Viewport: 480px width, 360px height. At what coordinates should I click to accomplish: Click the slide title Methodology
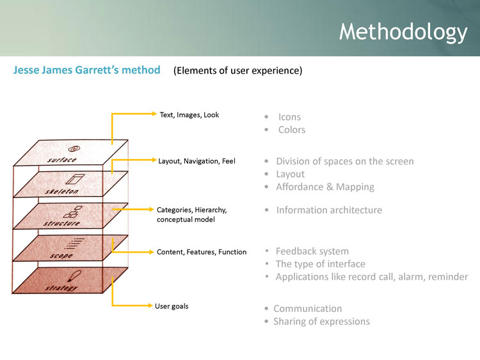coord(403,33)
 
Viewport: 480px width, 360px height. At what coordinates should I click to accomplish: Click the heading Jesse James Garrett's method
coord(86,70)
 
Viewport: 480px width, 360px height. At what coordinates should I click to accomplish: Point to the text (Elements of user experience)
coord(238,70)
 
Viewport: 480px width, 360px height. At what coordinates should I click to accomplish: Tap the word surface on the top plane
coord(62,160)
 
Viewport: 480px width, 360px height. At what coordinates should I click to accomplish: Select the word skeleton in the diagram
coord(62,191)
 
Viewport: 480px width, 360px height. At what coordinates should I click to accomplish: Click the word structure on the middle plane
coord(61,223)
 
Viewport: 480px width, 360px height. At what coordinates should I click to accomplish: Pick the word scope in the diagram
coord(61,255)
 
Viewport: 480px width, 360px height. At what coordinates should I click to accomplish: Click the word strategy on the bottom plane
coord(61,288)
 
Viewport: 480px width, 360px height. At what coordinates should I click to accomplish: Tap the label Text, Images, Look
coord(189,115)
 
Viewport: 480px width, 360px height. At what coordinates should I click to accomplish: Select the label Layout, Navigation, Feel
coord(196,161)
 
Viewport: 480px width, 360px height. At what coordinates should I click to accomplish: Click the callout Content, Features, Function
coord(202,252)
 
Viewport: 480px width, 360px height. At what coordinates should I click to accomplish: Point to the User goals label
coord(172,306)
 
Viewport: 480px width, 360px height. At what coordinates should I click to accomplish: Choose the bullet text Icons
coord(289,117)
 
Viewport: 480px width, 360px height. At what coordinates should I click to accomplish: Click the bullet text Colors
coord(292,130)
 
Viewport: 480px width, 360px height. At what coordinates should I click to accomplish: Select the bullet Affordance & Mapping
coord(325,187)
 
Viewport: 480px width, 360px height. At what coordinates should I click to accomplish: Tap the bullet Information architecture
coord(329,210)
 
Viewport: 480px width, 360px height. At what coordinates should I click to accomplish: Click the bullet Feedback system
coord(312,251)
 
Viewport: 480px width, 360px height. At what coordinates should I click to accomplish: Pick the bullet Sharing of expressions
coord(321,322)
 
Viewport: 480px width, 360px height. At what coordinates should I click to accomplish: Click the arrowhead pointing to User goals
coord(150,306)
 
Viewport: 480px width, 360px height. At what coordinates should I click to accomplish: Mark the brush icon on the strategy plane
coord(74,276)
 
